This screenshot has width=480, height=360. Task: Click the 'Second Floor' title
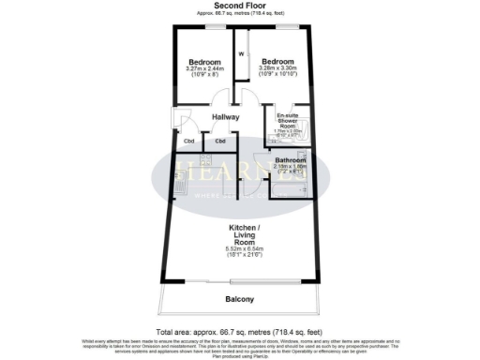coord(239,6)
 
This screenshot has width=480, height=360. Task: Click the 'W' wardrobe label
coord(241,54)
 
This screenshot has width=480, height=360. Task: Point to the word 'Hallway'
coord(225,117)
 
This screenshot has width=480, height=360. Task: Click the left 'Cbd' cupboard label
coord(188,142)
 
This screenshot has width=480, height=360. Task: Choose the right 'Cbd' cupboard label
coord(220,142)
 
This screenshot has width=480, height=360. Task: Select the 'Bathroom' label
coord(290,159)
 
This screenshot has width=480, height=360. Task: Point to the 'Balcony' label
coord(239,300)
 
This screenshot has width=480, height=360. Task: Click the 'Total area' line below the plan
coord(239,332)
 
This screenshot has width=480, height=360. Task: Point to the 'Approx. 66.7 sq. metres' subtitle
coord(239,13)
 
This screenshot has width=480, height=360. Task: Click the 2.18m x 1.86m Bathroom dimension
coord(290,168)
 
